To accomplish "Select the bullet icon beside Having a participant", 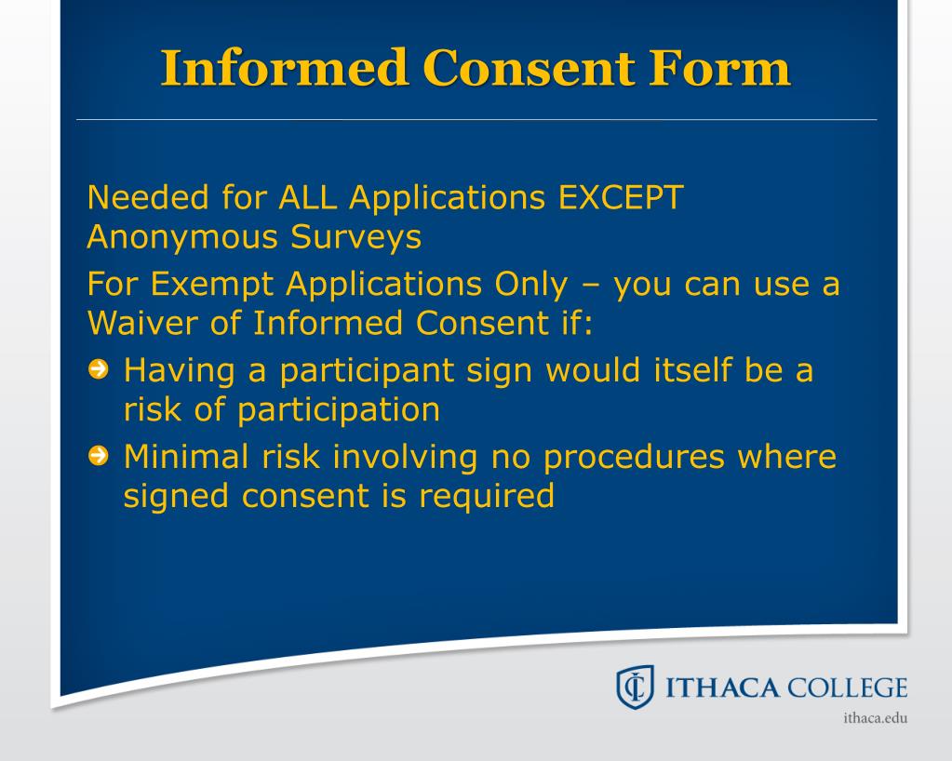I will coord(98,371).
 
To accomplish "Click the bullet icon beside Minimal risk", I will coord(98,457).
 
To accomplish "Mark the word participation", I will coord(339,410).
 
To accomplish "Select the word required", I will coord(486,496).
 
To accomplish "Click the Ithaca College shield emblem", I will coord(633,689).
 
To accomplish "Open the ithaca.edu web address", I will coord(874,718).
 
